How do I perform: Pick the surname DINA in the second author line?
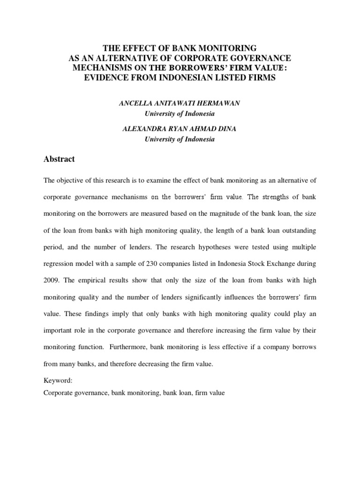pyautogui.click(x=231, y=129)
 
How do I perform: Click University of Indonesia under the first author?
pyautogui.click(x=180, y=113)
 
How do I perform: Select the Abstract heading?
pyautogui.click(x=59, y=159)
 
